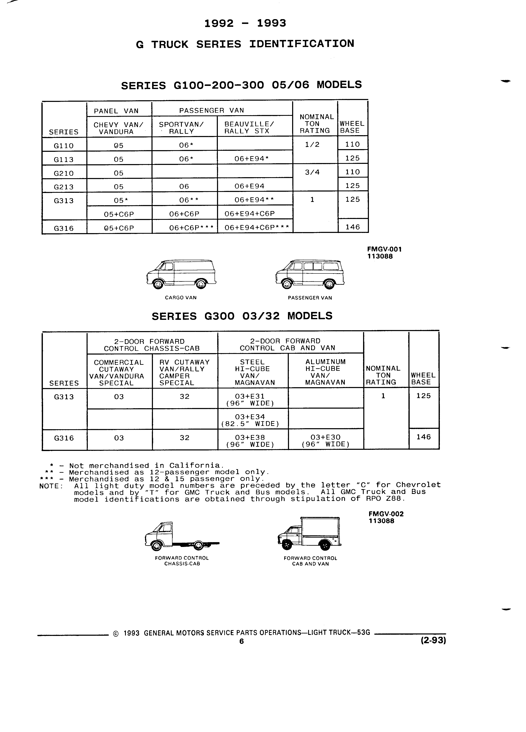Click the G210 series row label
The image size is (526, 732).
click(64, 173)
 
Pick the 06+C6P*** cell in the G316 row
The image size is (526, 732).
click(191, 228)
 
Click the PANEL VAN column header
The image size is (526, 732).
click(116, 111)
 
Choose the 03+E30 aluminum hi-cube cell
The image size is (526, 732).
click(325, 441)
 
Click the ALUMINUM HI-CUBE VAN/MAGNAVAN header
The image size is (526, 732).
click(325, 372)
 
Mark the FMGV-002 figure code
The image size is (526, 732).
click(386, 514)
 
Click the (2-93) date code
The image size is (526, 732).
click(433, 640)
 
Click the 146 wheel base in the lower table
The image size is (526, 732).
click(424, 437)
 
